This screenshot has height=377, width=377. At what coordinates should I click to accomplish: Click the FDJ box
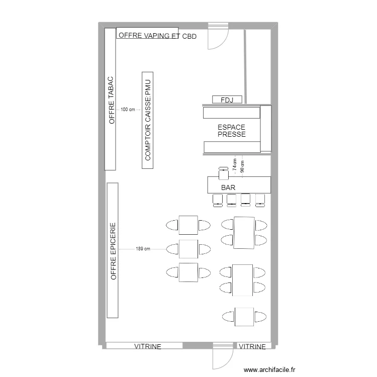click(227, 100)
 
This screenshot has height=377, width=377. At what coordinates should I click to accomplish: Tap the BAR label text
click(228, 187)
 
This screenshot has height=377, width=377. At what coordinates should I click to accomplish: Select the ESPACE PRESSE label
click(232, 131)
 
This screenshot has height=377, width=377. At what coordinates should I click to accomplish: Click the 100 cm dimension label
click(128, 110)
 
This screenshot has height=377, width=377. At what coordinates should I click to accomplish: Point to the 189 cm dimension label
click(143, 249)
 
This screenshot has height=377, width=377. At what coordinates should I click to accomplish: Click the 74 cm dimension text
click(235, 164)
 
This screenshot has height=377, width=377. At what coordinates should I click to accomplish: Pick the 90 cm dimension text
click(242, 166)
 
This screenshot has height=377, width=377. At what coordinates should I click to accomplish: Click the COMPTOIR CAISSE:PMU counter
click(148, 120)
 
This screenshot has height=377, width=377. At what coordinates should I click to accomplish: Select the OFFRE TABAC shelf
click(110, 99)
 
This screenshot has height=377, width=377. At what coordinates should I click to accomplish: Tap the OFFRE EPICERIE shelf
click(113, 250)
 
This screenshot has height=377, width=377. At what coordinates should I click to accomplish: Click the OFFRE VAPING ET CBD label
click(157, 36)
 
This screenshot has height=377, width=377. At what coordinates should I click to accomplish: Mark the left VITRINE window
click(144, 345)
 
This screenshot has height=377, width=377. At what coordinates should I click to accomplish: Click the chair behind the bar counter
click(224, 173)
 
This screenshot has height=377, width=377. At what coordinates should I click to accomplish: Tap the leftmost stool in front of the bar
click(218, 201)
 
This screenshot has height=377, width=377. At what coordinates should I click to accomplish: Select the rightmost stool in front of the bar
click(260, 201)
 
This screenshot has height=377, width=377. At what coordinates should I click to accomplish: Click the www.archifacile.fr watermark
click(269, 369)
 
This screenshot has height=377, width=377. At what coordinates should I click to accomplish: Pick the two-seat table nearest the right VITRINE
click(244, 317)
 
